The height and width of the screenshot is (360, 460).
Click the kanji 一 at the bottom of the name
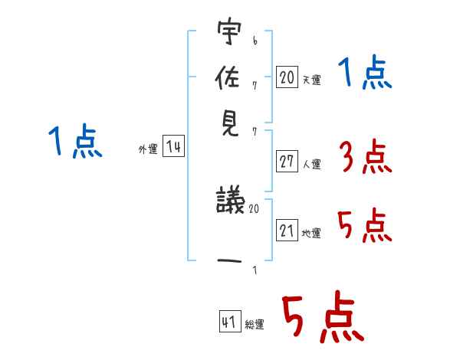229,261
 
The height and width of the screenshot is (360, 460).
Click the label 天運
311,80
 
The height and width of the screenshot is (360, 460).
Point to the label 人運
311,164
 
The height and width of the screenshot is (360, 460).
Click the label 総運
255,325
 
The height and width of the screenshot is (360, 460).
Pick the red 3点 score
364,158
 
